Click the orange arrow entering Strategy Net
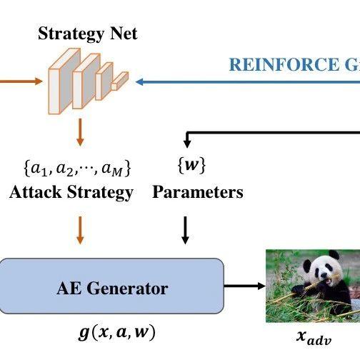(x=21, y=81)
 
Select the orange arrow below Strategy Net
(x=80, y=132)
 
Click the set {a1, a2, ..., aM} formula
(x=77, y=169)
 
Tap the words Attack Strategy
(x=71, y=192)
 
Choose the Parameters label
(x=198, y=192)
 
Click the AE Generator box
(x=112, y=288)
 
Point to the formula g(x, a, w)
(x=115, y=333)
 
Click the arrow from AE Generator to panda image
(x=243, y=286)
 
